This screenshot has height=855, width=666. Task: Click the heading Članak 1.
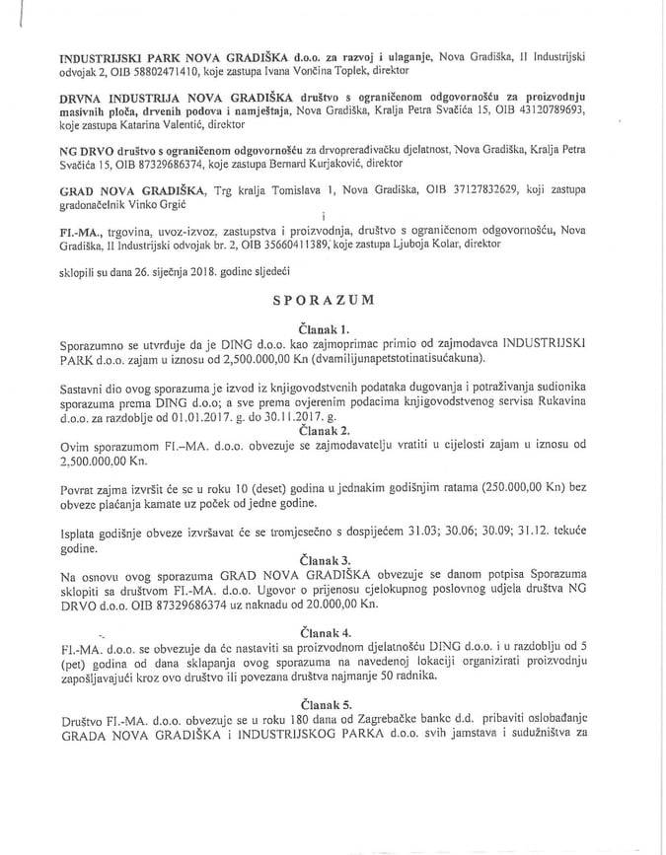coord(332,325)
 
